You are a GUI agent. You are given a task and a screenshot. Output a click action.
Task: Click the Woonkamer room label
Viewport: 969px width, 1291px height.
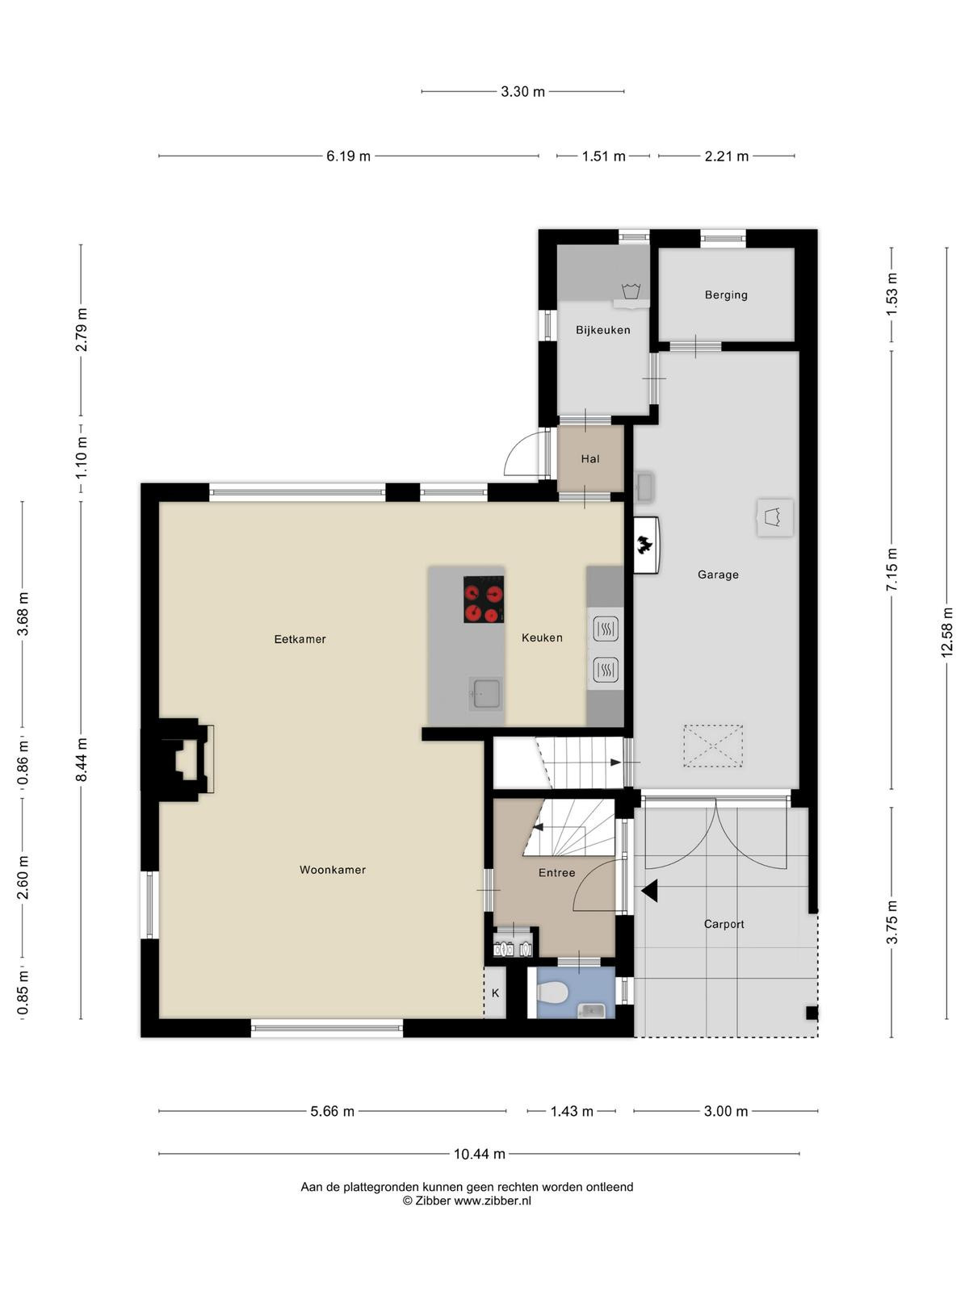[333, 870]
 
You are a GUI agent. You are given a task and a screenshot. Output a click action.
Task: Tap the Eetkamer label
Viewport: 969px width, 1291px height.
[300, 639]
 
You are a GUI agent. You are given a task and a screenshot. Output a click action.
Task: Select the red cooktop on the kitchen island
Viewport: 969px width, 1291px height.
[484, 600]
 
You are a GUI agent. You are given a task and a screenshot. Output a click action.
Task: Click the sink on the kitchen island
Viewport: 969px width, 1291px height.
[485, 693]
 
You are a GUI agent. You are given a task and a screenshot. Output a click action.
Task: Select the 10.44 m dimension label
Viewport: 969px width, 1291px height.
[480, 1154]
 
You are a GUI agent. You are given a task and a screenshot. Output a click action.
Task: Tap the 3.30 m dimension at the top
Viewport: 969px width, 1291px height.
[523, 92]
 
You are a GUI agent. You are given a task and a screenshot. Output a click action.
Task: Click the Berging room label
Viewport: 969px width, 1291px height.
[726, 295]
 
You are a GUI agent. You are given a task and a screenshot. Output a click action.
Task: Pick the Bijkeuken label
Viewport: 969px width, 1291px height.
[603, 331]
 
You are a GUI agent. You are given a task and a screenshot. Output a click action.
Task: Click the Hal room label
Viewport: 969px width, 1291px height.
[590, 459]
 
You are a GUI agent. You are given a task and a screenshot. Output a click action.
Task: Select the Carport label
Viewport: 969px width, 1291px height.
[724, 925]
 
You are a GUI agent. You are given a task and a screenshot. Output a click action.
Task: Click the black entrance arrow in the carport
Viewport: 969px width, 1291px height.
[649, 892]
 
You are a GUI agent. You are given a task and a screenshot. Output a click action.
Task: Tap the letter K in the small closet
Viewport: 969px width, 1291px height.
[495, 993]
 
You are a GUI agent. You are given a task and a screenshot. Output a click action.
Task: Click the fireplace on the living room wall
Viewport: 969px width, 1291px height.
[178, 759]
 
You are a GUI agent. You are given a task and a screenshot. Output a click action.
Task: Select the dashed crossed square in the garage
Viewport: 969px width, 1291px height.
[713, 746]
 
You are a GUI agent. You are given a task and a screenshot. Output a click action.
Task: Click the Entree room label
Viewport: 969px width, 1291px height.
[556, 873]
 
